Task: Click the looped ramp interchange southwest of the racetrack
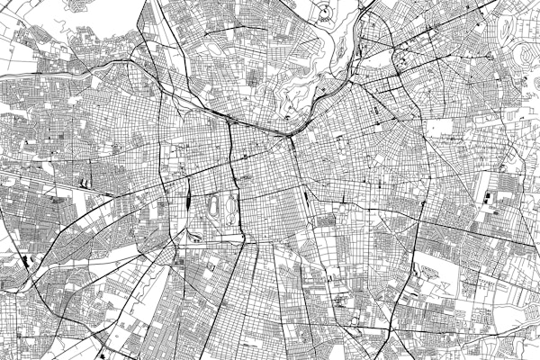(193, 238)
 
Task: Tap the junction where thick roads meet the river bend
(292, 135)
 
